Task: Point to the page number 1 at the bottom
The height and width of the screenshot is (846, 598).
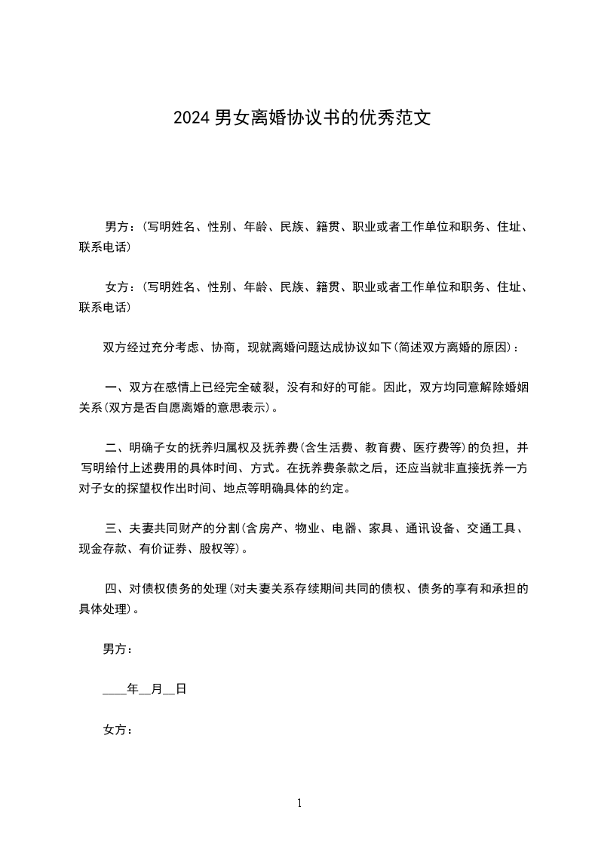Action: point(299,803)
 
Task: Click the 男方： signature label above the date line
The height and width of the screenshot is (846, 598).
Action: point(118,648)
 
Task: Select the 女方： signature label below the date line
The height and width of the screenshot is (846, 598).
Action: point(118,730)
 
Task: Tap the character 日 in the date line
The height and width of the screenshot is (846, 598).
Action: point(181,689)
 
